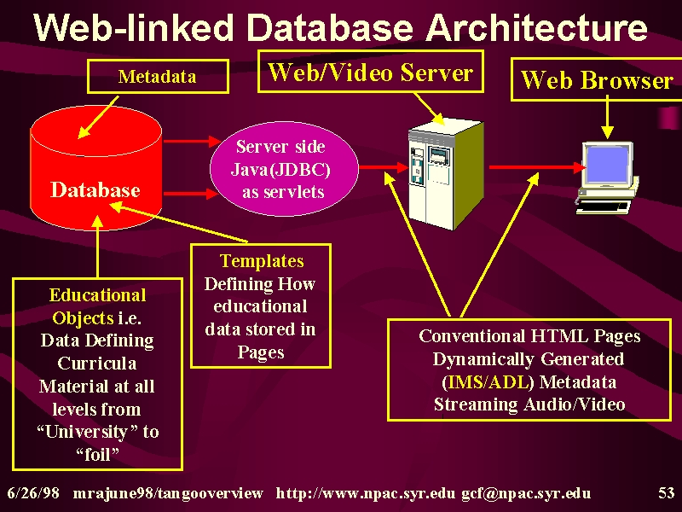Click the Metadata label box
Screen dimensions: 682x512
point(158,77)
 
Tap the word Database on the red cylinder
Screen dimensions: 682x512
point(95,189)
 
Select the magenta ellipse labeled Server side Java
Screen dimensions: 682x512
point(284,169)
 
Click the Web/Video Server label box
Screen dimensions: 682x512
point(371,72)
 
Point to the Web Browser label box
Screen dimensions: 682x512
point(596,79)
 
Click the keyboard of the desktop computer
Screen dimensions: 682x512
point(604,207)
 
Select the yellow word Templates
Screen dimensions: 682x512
point(262,261)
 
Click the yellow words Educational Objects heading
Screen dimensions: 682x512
point(97,306)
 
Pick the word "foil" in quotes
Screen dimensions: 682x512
point(97,455)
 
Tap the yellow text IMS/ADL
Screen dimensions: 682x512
point(488,382)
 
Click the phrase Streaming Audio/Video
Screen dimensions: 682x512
point(529,404)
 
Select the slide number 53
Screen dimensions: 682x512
point(666,493)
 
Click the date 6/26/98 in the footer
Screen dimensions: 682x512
point(33,493)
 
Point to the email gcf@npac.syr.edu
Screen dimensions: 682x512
point(526,493)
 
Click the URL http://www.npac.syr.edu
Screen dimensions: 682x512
point(366,493)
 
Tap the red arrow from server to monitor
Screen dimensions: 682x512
point(538,166)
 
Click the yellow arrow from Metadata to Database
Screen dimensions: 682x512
point(98,118)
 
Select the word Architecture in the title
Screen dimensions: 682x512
point(536,27)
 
